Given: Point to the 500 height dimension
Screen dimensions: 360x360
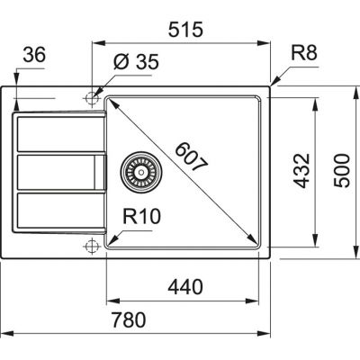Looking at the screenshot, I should point(343,167).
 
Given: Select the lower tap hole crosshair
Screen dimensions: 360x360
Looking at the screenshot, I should point(91,246).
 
